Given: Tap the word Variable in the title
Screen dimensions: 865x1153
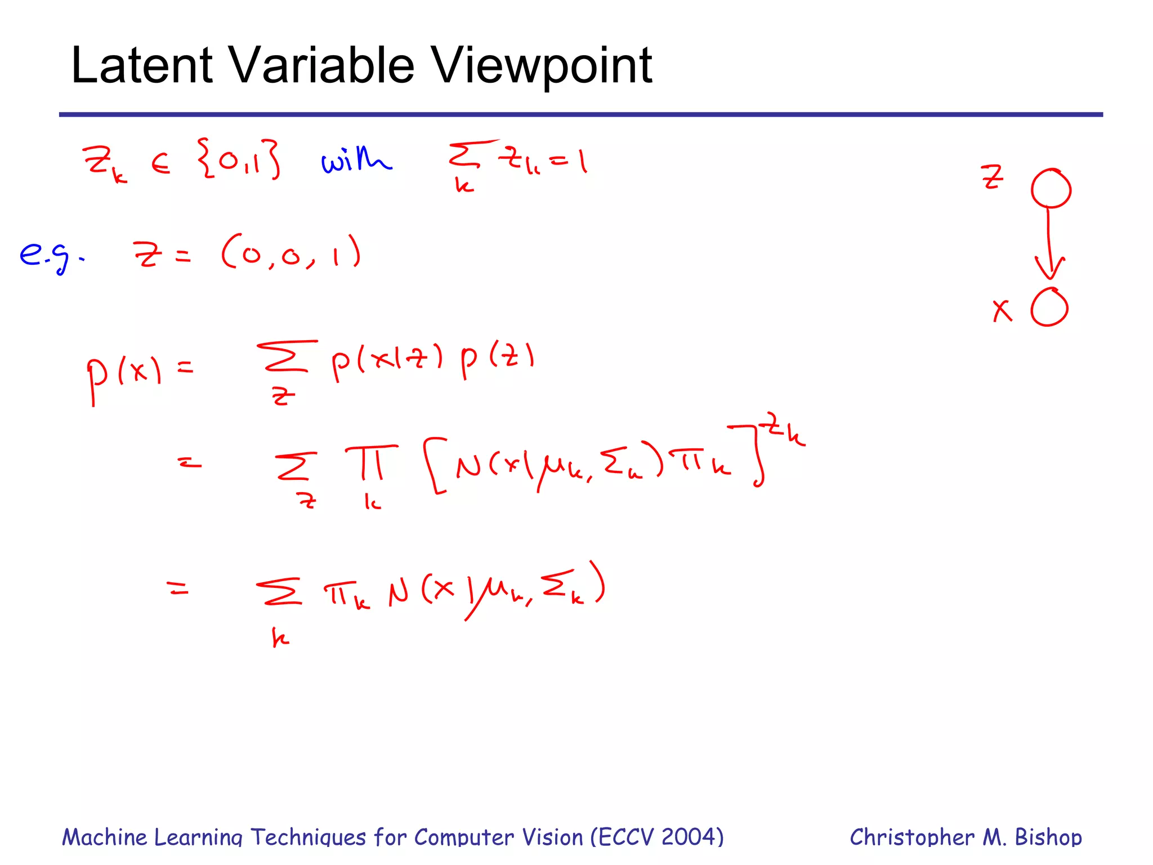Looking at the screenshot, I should click(323, 65).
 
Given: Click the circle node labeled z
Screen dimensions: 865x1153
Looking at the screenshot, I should click(1051, 189).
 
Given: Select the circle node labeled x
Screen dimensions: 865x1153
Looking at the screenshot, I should click(1049, 307).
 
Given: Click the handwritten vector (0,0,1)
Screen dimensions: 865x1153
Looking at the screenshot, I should click(291, 253).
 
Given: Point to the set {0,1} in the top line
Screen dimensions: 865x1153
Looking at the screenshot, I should click(239, 160).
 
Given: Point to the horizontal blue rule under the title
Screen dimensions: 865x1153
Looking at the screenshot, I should click(580, 115).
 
